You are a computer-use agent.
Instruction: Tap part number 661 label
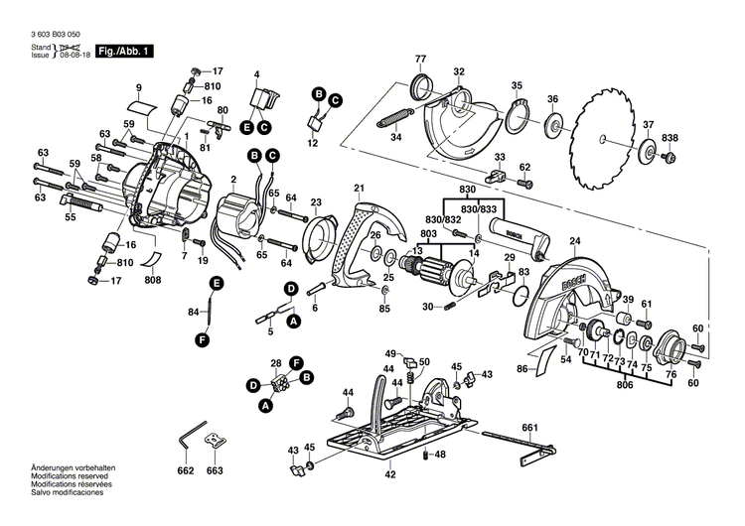529,428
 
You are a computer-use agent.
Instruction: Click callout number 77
420,59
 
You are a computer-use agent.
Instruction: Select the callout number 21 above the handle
359,188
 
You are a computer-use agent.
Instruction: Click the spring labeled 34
395,118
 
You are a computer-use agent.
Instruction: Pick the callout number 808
152,280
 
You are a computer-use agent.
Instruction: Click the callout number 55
70,215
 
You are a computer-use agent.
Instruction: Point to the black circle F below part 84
203,339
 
